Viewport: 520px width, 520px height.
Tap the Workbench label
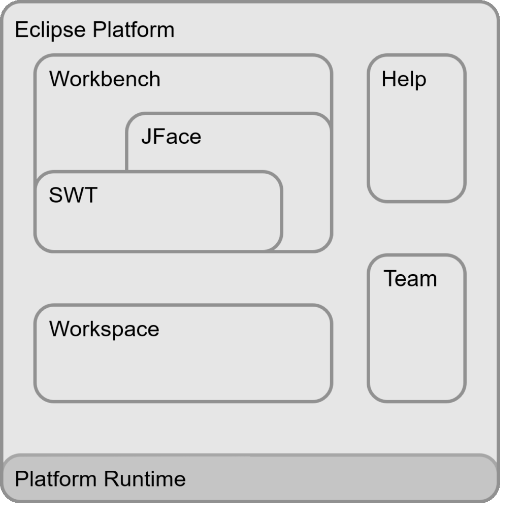click(105, 79)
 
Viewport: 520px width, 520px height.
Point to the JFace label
click(171, 137)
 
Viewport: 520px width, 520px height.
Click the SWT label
click(73, 195)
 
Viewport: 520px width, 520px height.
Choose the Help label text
click(404, 80)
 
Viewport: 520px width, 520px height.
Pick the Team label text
click(410, 279)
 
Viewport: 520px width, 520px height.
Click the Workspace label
click(104, 329)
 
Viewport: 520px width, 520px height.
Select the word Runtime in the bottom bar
click(145, 479)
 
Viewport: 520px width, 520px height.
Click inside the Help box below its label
click(416, 147)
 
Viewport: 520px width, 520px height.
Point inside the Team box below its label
click(416, 345)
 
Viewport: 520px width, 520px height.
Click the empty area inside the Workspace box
click(183, 371)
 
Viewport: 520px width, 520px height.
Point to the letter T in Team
click(389, 278)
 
